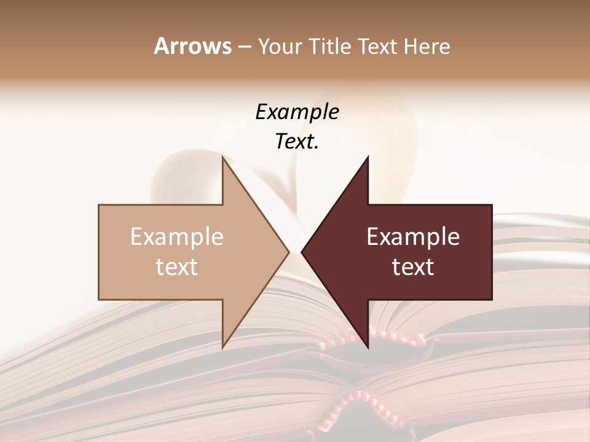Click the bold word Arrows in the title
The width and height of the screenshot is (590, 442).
coord(192,46)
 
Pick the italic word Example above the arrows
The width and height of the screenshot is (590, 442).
coord(297,112)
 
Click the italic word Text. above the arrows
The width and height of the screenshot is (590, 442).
coord(297,142)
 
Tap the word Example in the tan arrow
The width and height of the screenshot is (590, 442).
coord(177,237)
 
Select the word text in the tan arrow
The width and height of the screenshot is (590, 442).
coord(177,267)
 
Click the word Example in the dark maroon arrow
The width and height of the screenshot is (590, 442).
coord(413,237)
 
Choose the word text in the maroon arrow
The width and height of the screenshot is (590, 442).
coord(413,267)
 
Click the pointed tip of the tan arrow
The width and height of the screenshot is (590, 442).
coord(287,252)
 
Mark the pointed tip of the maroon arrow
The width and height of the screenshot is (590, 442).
coord(304,252)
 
